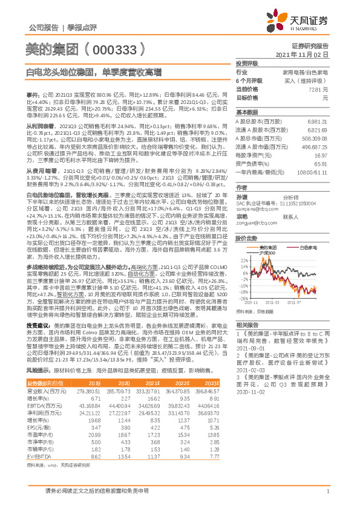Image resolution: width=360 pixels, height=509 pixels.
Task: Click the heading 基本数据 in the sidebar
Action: pos(246,112)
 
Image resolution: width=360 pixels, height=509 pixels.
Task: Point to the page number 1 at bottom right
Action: pos(327,491)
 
